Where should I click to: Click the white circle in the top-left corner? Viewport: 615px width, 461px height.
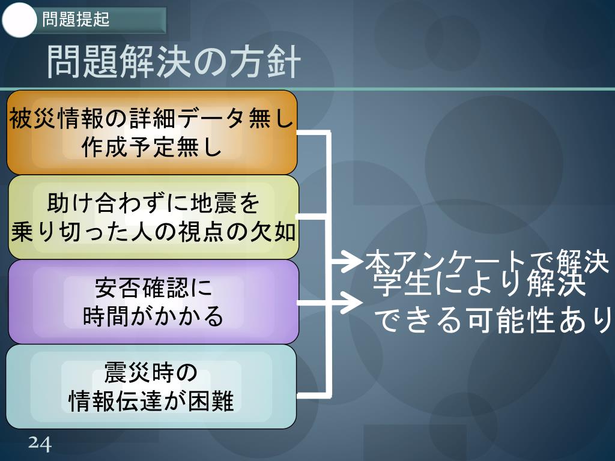click(x=20, y=20)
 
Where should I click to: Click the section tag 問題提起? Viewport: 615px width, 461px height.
click(x=76, y=20)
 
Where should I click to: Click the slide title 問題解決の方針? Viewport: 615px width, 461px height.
click(x=173, y=62)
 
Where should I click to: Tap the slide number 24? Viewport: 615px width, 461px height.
click(x=40, y=444)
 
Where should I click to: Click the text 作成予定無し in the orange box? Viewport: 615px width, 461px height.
click(x=152, y=148)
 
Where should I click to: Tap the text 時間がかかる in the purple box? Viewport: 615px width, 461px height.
click(x=153, y=317)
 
